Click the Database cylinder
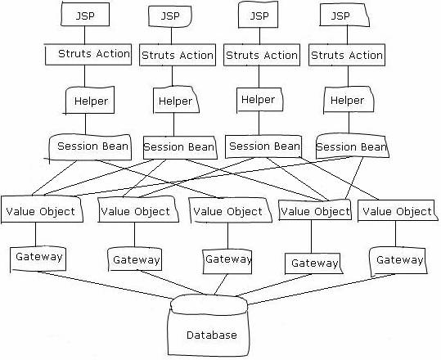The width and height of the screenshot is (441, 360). (209, 326)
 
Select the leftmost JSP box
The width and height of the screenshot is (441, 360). (85, 15)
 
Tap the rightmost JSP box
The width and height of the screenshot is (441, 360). (344, 16)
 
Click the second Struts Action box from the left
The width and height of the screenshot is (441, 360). (178, 55)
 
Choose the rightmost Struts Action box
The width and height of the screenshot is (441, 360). (347, 55)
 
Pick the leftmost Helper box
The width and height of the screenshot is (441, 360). (90, 101)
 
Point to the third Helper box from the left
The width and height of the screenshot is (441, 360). (259, 100)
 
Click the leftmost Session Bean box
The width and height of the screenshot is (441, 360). (90, 146)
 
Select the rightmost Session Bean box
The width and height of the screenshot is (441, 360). (353, 146)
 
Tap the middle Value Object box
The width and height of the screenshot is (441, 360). (230, 210)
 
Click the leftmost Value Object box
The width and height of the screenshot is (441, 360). (42, 209)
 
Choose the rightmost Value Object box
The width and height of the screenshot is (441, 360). (398, 210)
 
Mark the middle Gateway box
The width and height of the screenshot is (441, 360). (227, 262)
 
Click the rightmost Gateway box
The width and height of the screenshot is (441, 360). (398, 261)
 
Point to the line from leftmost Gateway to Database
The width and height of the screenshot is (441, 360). (106, 285)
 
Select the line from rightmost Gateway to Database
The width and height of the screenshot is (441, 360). (322, 290)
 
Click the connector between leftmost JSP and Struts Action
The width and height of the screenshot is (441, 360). (84, 35)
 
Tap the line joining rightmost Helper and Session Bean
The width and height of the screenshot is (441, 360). (349, 123)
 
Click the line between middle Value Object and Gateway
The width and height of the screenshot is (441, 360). (227, 236)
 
